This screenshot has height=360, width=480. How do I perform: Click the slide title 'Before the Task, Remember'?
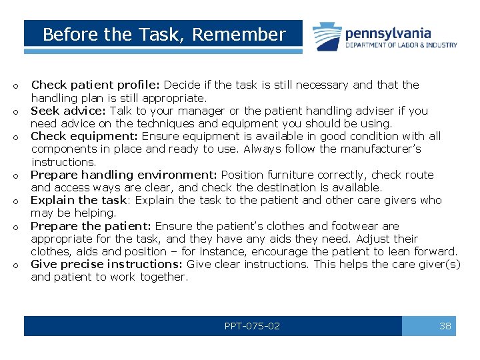[163, 35]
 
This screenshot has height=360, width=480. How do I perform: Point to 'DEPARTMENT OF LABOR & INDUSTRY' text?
[401, 45]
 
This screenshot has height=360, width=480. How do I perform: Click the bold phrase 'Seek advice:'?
[69, 111]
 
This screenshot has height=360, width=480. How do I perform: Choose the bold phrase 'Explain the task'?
[79, 200]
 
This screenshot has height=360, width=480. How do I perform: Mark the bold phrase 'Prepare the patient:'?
[91, 226]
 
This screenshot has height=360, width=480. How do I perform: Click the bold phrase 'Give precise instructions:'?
[107, 264]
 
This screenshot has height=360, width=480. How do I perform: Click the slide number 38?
[445, 326]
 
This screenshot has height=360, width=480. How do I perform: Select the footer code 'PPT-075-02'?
[252, 326]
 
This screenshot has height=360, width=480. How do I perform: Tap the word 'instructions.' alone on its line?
[64, 162]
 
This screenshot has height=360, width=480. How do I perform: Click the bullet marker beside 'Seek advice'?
[14, 112]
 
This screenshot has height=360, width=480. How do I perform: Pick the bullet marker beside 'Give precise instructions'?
[14, 265]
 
